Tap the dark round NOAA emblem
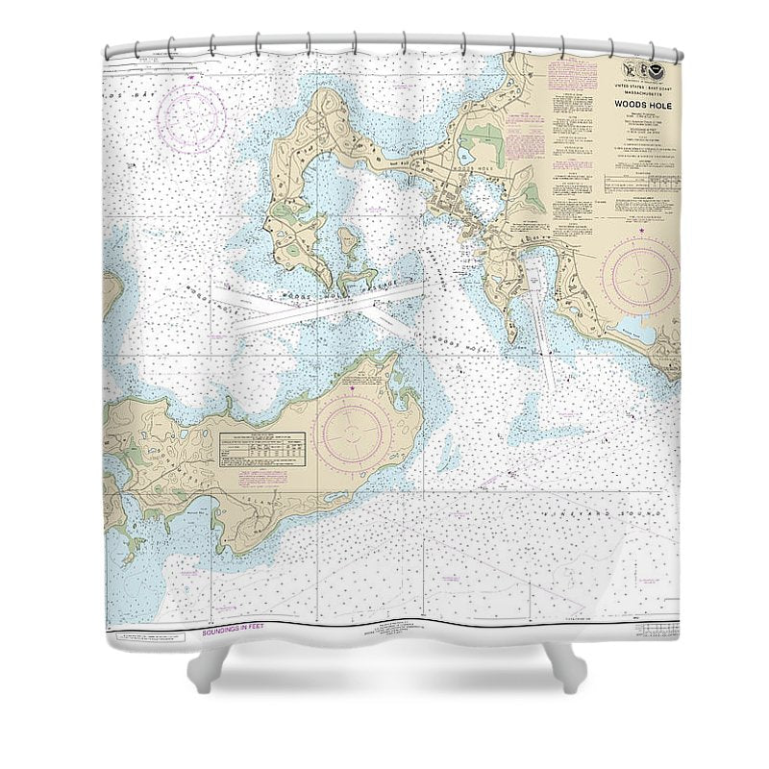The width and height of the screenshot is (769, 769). pos(657,69)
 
